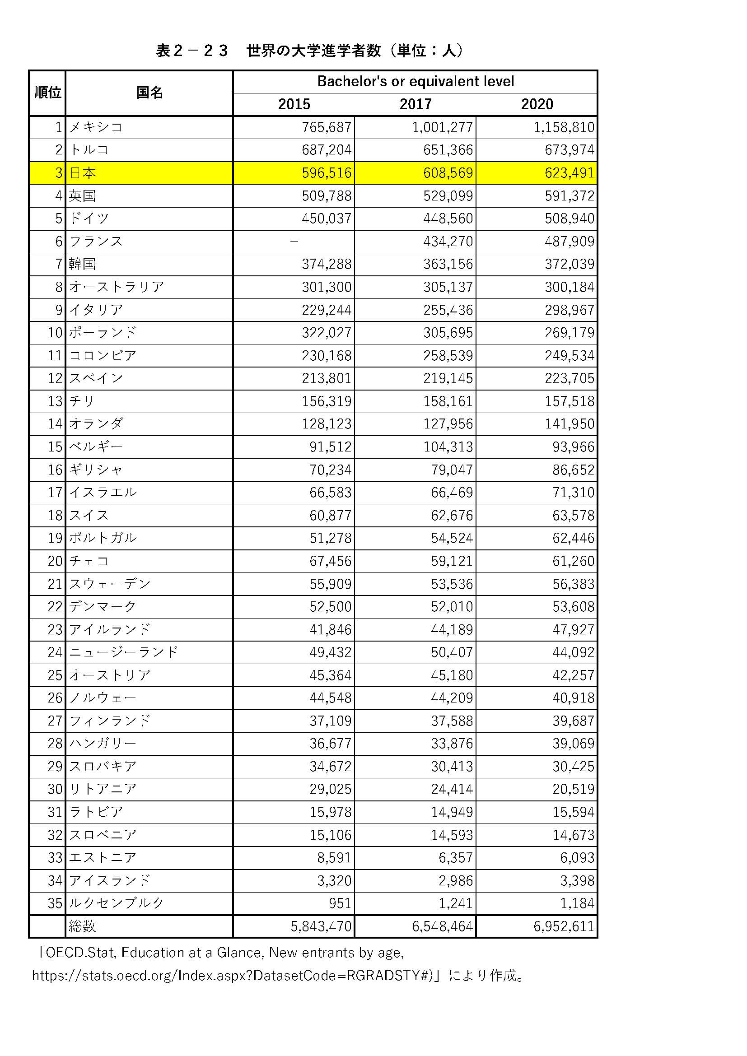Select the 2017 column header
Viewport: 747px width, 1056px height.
(416, 104)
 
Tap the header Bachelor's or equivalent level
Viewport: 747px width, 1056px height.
(416, 81)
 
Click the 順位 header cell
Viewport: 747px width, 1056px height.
(47, 93)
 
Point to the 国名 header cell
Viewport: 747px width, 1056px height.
(149, 93)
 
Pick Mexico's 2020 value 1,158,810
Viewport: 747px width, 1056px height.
(564, 127)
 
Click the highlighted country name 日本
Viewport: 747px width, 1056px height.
(83, 173)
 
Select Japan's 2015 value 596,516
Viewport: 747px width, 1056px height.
(327, 173)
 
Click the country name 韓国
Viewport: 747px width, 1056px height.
(83, 264)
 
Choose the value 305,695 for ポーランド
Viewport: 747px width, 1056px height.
(448, 333)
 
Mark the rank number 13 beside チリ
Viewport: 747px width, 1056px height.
(55, 401)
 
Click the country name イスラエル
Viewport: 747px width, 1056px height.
(103, 493)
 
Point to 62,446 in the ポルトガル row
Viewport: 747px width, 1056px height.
(573, 538)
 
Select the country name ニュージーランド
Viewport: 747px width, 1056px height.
(123, 652)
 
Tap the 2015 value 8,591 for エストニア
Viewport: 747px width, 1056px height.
(334, 858)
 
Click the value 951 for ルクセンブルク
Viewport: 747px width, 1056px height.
(341, 903)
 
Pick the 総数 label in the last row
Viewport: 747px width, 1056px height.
(82, 926)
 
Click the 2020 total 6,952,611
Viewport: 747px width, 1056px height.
(564, 926)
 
